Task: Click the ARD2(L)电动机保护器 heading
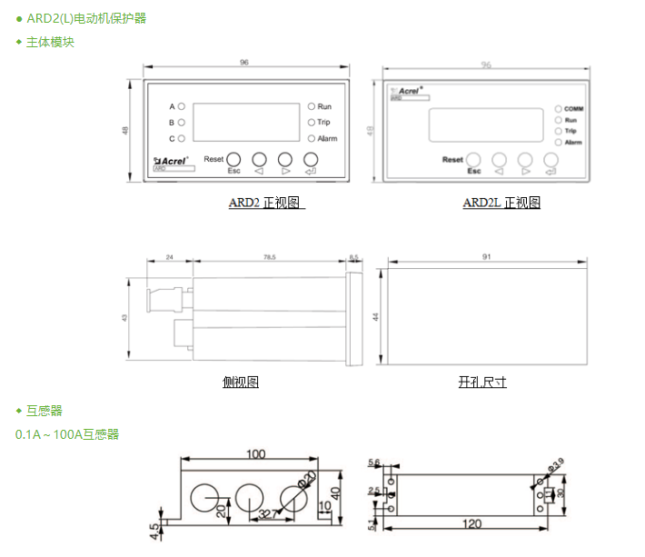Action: pos(86,18)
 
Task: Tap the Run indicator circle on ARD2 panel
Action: pos(311,107)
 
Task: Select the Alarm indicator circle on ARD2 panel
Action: pos(311,138)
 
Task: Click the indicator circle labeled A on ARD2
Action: pos(181,107)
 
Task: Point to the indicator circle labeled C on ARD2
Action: pos(181,138)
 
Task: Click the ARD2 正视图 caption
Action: pos(265,203)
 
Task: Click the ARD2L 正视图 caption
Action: pos(501,203)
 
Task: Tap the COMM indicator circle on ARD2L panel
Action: pos(558,109)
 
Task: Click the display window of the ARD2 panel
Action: pos(246,122)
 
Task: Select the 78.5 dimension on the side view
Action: pos(270,258)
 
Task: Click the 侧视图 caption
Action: pos(240,383)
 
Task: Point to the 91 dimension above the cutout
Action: pos(487,258)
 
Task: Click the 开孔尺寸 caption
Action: pos(482,383)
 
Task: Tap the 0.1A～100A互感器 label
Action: pos(67,434)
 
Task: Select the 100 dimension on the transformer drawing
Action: pos(256,453)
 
